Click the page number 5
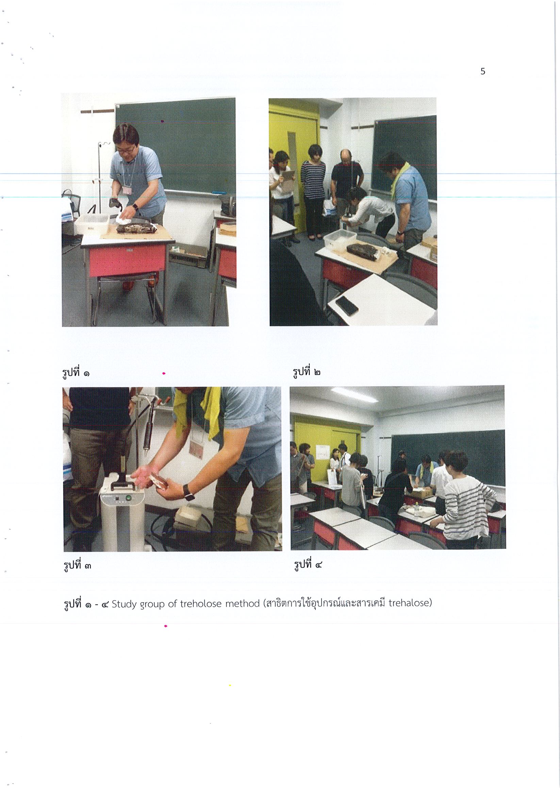(x=483, y=72)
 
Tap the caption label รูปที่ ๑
(x=76, y=372)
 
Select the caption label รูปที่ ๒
(x=307, y=371)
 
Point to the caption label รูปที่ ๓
(x=77, y=565)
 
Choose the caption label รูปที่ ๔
(x=308, y=564)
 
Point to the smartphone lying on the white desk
(x=346, y=305)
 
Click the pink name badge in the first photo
(x=128, y=190)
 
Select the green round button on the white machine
(x=129, y=498)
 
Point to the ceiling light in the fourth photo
(x=355, y=394)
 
